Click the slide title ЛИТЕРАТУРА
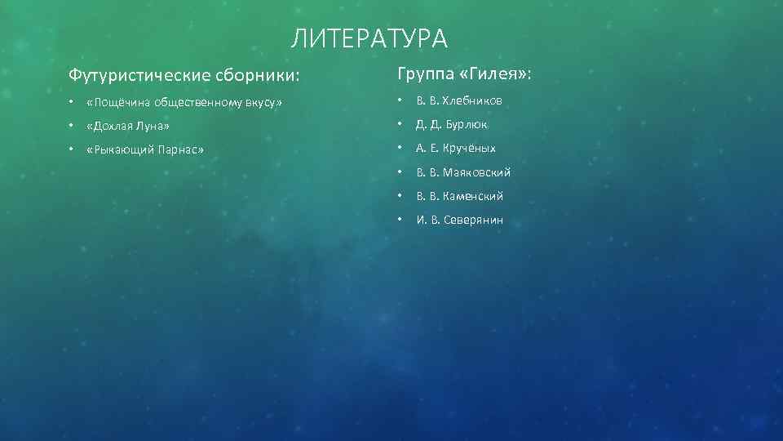click(369, 38)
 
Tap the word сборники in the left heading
click(256, 76)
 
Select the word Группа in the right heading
click(424, 74)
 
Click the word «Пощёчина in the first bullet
click(119, 101)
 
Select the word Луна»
click(156, 126)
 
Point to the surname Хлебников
click(473, 100)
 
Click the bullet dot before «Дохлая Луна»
click(72, 126)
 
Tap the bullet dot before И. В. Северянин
click(400, 220)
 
